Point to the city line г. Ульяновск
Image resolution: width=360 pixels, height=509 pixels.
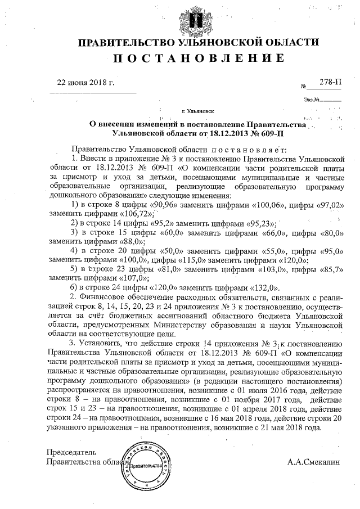coord(198,112)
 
